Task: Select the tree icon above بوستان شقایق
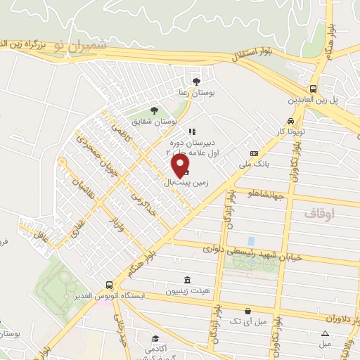click(153, 109)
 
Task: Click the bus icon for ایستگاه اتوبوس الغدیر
click(108, 285)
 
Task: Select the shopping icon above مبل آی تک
click(247, 310)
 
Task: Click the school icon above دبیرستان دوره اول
click(191, 131)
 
